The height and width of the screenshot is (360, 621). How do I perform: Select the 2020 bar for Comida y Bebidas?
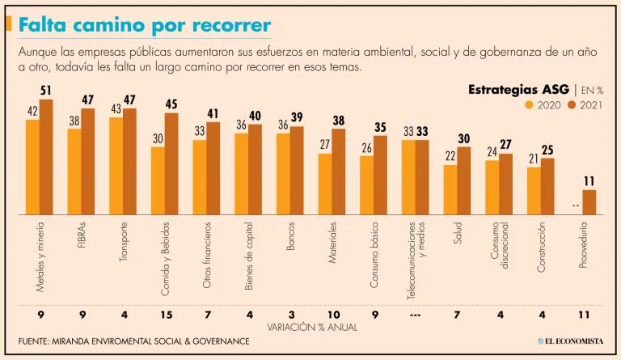click(x=158, y=180)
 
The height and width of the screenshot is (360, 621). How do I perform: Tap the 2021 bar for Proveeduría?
click(x=589, y=201)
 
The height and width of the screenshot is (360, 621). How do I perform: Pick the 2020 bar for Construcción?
click(x=534, y=191)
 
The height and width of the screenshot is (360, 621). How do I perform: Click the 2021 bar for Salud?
click(x=464, y=180)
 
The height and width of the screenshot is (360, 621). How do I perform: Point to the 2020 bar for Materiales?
click(x=325, y=184)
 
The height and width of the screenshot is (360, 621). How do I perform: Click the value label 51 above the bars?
click(x=46, y=91)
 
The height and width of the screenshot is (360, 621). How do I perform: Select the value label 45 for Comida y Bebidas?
click(x=171, y=104)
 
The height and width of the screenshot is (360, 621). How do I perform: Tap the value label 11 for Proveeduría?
click(x=589, y=181)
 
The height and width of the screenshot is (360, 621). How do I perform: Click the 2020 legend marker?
click(x=530, y=104)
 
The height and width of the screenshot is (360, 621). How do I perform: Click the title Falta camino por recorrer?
click(x=145, y=25)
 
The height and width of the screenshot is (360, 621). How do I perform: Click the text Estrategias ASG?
click(x=518, y=89)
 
